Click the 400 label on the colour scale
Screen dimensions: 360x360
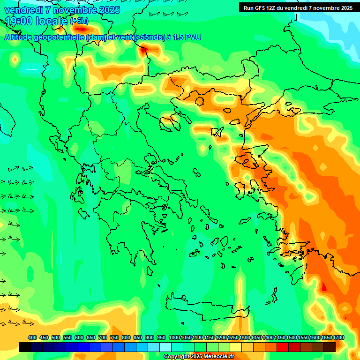coord(32,337)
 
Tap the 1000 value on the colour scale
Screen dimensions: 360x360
coord(174,337)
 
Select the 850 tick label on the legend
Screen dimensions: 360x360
coord(138,337)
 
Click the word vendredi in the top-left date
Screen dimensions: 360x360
coord(22,10)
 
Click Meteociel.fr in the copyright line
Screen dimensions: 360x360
coord(216,357)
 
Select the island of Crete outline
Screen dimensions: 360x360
coord(206,307)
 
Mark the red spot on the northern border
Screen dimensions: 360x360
coord(143,49)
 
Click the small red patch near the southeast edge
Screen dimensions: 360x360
coord(323,286)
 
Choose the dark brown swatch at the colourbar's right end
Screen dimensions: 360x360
coord(330,347)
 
